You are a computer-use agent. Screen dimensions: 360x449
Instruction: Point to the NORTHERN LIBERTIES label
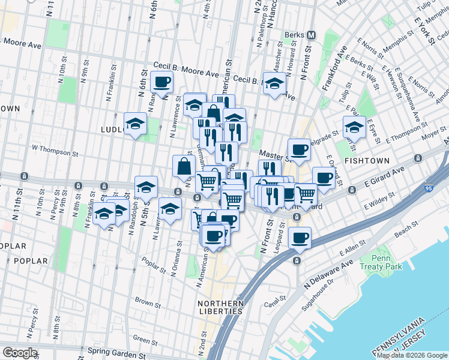pos(220,307)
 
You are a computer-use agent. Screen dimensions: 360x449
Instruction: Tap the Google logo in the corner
pos(20,353)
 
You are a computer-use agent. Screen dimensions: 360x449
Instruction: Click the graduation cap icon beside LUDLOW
pos(136,124)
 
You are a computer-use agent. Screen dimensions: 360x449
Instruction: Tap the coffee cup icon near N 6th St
pos(161,82)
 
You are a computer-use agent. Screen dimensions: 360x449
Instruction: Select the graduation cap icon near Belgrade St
pos(354,127)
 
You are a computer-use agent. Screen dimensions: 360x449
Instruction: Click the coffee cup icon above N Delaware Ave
pos(300,238)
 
